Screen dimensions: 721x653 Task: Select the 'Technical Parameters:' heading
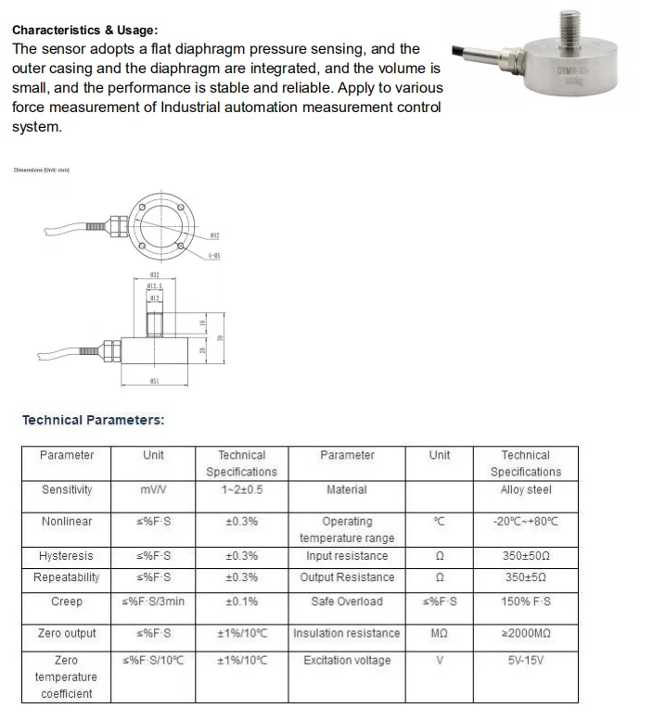[93, 420]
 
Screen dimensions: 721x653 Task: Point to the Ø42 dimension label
[213, 236]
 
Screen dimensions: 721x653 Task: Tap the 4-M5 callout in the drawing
[213, 256]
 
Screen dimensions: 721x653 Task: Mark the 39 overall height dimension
[220, 337]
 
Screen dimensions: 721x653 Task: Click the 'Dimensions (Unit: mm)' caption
[42, 170]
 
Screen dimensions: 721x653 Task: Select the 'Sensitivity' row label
[67, 489]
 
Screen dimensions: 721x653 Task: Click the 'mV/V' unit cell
[153, 489]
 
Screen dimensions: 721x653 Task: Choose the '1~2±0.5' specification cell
[241, 489]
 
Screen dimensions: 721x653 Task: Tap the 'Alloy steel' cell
[525, 489]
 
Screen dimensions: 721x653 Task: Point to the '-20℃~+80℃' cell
[525, 522]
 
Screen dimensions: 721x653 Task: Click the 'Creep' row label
[67, 601]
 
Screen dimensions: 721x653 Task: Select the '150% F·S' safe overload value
[525, 601]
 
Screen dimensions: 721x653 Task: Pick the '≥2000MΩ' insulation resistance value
[525, 633]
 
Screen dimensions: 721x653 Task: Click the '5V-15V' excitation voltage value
[525, 661]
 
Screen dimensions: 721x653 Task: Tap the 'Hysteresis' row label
[67, 556]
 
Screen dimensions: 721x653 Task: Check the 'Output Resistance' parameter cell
[347, 577]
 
